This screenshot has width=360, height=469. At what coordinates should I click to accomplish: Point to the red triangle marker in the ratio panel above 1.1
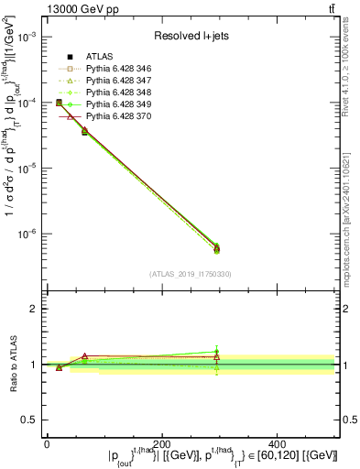(85, 355)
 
